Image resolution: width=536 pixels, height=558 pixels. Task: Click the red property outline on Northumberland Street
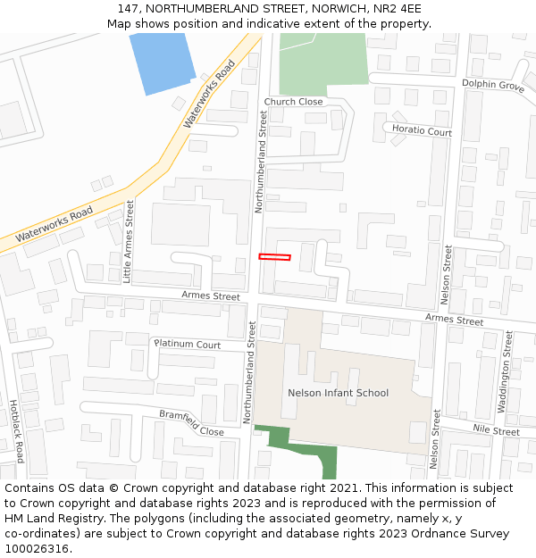[x=274, y=257]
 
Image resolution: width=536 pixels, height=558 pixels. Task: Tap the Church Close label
[x=293, y=102]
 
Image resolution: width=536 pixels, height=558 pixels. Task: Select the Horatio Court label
[x=422, y=131]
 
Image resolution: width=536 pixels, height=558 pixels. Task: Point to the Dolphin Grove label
[x=492, y=86]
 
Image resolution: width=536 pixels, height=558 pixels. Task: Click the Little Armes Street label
[x=130, y=241]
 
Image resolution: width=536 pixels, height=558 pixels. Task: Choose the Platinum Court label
[x=188, y=344]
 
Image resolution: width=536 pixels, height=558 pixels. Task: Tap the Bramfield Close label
[x=191, y=422]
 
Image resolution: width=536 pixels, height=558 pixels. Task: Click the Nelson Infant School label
[x=338, y=393]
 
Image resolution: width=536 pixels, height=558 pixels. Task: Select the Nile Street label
[x=496, y=431]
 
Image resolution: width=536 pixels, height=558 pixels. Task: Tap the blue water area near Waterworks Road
[x=163, y=62]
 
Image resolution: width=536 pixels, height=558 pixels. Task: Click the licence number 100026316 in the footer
[x=37, y=548]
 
